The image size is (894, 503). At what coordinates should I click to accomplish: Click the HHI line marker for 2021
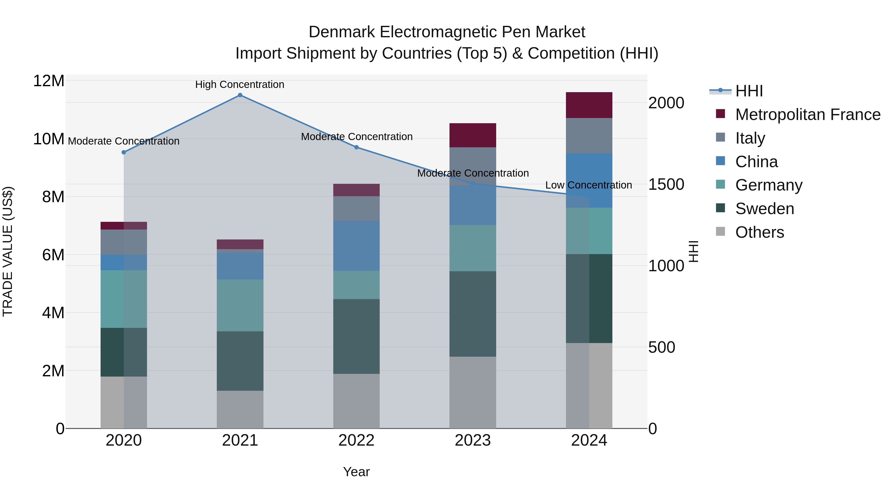[x=240, y=95]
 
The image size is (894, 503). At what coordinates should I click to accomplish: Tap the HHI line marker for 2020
[x=124, y=153]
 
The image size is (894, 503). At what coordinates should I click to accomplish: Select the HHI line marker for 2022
[x=356, y=148]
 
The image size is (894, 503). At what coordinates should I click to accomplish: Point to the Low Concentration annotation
[x=589, y=185]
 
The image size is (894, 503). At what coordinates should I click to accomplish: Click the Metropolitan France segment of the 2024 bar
[x=589, y=105]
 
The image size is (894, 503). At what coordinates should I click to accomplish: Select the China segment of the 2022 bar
[x=356, y=246]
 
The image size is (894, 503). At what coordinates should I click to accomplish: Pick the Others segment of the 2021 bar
[x=240, y=410]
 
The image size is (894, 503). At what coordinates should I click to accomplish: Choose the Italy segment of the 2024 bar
[x=589, y=136]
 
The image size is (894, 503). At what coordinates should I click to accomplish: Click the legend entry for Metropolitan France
[x=808, y=115]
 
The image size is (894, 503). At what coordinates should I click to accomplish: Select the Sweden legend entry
[x=765, y=209]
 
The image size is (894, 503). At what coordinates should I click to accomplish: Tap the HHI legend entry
[x=749, y=91]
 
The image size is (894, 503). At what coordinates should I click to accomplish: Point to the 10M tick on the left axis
[x=49, y=139]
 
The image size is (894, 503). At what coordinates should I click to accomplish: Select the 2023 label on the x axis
[x=473, y=440]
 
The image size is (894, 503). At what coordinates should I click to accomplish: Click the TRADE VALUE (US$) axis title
[x=8, y=252]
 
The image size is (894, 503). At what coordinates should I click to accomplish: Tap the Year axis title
[x=356, y=472]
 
